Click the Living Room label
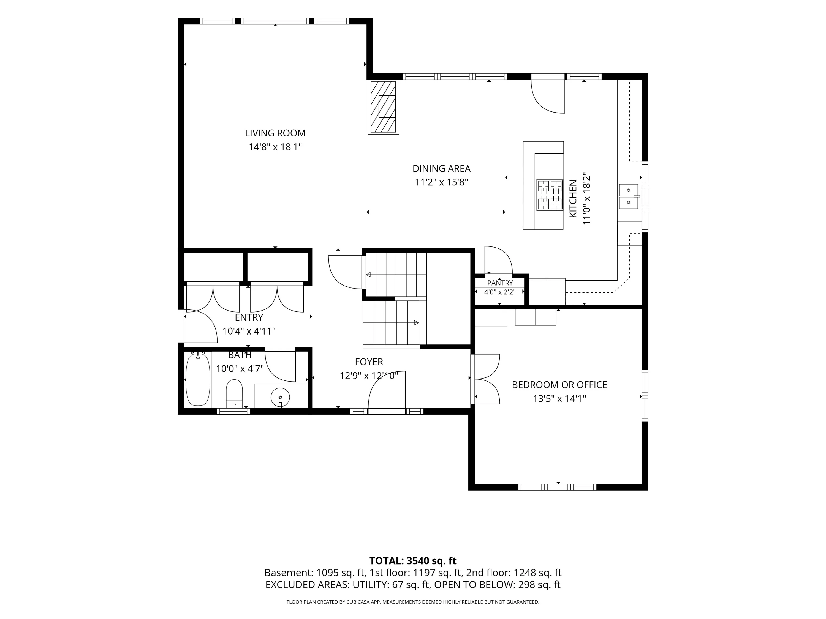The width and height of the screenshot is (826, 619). [275, 133]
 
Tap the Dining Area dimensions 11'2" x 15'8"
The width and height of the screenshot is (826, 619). [441, 182]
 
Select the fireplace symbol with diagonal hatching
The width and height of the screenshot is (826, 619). [383, 107]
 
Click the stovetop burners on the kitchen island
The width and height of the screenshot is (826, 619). [550, 195]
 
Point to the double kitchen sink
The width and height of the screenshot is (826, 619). [629, 196]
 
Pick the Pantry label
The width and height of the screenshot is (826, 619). [500, 283]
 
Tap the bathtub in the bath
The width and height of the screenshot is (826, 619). [198, 379]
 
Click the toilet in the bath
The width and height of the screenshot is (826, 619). [234, 394]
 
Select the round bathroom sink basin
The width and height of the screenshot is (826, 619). [280, 397]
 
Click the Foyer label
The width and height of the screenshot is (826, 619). [369, 362]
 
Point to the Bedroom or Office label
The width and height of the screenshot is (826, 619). [559, 385]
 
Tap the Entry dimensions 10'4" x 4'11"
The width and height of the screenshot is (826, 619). [249, 331]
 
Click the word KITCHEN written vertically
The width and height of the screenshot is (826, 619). [573, 199]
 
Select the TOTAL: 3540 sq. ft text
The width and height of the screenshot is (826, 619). [413, 561]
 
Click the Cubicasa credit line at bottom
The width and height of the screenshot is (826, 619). [413, 602]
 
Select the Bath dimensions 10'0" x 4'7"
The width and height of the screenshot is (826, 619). [240, 369]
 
